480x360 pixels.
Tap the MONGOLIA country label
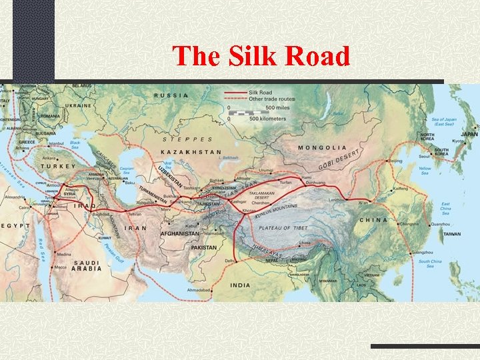323,147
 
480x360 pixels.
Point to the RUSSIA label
171,95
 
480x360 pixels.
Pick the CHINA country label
373,220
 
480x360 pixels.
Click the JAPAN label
469,134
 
